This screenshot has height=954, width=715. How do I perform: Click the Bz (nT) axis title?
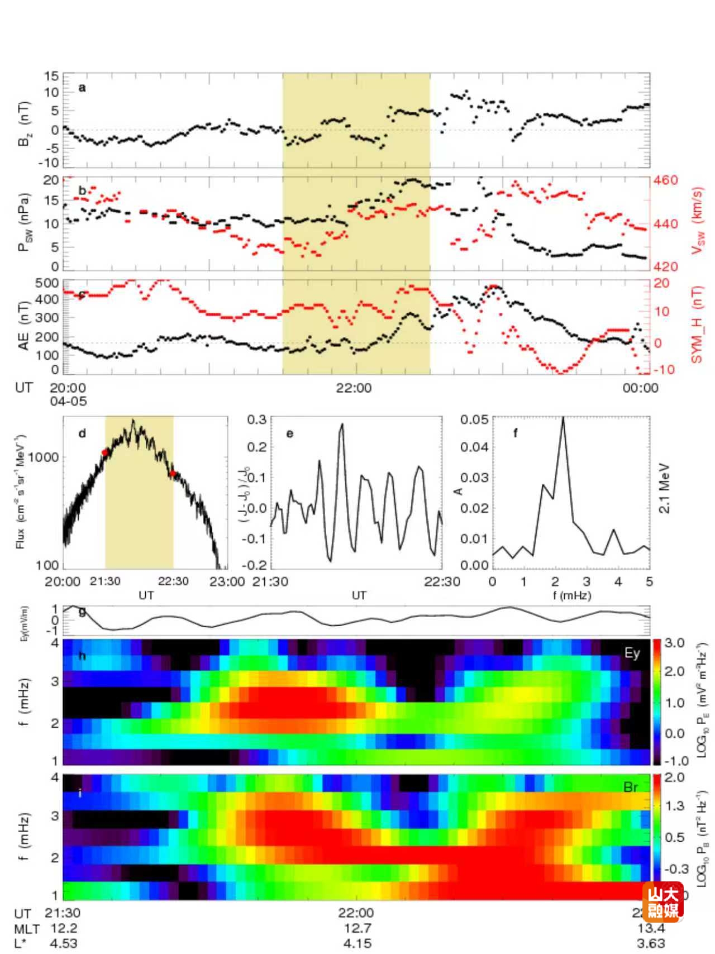click(x=25, y=124)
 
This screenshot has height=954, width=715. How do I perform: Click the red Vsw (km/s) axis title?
click(x=698, y=220)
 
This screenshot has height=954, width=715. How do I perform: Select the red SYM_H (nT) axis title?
click(x=697, y=325)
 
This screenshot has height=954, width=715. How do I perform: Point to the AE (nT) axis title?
click(x=23, y=327)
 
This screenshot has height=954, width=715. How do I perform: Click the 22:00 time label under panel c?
click(x=353, y=388)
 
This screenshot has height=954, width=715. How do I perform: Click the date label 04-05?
click(x=68, y=401)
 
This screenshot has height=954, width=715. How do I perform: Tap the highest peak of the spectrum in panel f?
click(x=563, y=418)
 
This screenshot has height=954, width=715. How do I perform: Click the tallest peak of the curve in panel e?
click(x=342, y=424)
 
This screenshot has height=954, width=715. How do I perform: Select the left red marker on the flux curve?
click(x=105, y=452)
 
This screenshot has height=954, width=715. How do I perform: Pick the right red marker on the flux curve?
click(x=173, y=474)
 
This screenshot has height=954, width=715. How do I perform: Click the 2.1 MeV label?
click(x=664, y=488)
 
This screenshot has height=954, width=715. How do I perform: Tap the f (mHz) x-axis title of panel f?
click(x=571, y=595)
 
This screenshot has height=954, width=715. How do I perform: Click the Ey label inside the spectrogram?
click(x=632, y=653)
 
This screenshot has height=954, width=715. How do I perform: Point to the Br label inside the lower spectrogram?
click(x=631, y=787)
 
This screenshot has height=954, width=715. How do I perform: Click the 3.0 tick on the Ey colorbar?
click(x=674, y=643)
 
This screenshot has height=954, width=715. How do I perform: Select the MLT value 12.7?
click(x=357, y=928)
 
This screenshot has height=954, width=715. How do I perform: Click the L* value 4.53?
click(x=64, y=943)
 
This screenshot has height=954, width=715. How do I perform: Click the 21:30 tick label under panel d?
click(x=105, y=581)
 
